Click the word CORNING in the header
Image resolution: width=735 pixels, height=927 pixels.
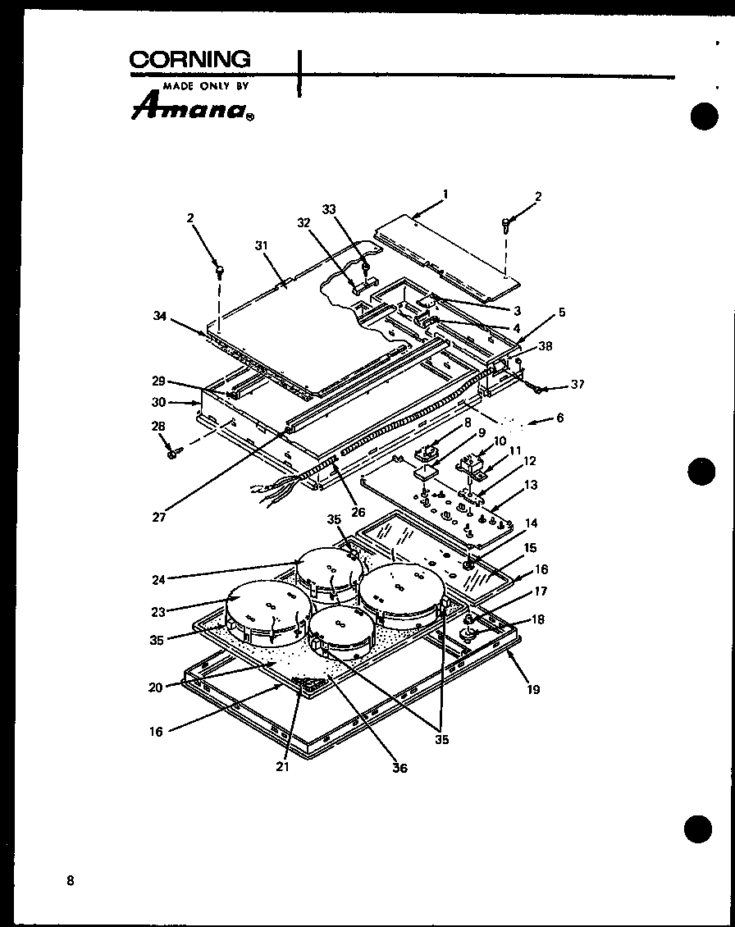190,60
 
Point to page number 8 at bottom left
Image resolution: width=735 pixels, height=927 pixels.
71,881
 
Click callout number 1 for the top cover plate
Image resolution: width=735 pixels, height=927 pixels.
445,194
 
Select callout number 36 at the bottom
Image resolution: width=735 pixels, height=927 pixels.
400,768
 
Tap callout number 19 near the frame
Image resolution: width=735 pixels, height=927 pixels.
533,689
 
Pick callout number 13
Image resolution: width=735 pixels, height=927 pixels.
531,486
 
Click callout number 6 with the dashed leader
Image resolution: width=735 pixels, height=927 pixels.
559,418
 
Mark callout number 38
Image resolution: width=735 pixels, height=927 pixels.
545,346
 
